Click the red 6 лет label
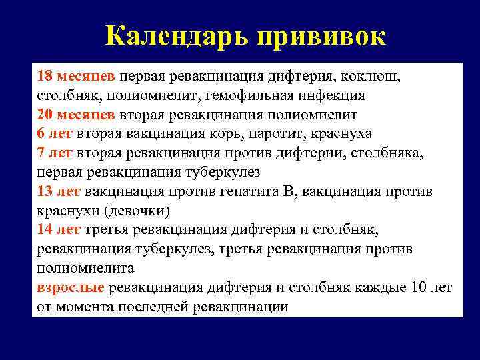(x=55, y=133)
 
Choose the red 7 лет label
(x=55, y=153)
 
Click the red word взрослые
(x=71, y=288)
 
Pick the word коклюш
(x=374, y=75)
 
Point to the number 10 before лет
(x=417, y=288)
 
